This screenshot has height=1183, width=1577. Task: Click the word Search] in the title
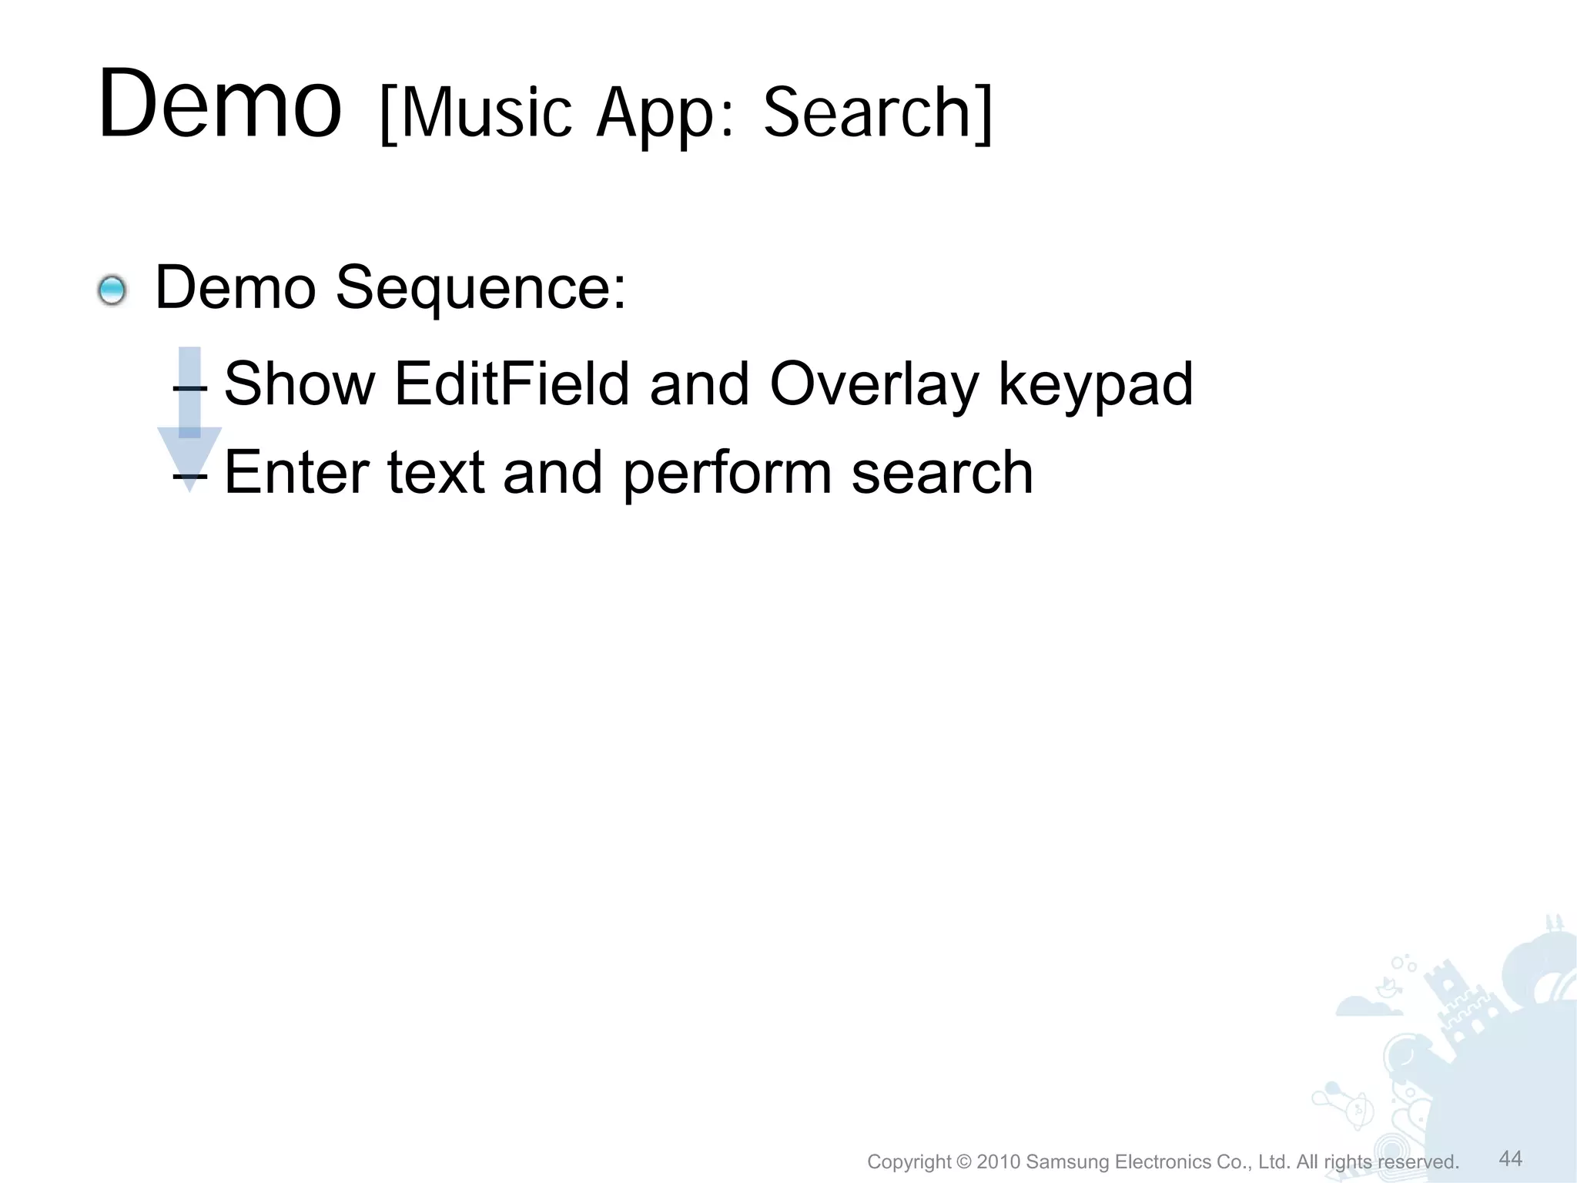(x=878, y=113)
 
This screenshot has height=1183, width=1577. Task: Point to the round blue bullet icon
(x=112, y=291)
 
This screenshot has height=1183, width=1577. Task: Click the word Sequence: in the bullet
(x=481, y=287)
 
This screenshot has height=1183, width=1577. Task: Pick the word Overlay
(x=874, y=385)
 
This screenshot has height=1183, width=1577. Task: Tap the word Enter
(x=296, y=472)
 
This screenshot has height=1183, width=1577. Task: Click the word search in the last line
(x=943, y=472)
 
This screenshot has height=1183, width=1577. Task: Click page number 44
(x=1511, y=1158)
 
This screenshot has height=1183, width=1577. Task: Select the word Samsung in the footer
(x=1069, y=1161)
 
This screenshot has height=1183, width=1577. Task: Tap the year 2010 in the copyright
(x=999, y=1161)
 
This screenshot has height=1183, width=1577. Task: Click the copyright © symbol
(x=965, y=1161)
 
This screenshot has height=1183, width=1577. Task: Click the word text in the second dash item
(x=435, y=472)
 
